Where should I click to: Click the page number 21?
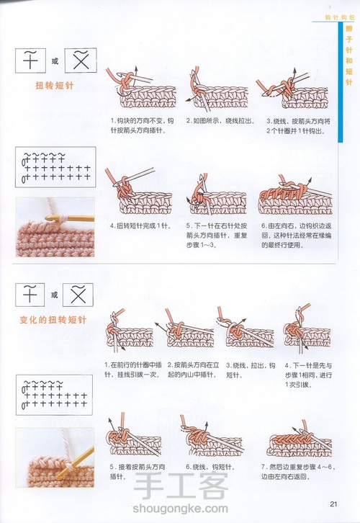click(333, 503)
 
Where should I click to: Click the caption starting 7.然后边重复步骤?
click(298, 471)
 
